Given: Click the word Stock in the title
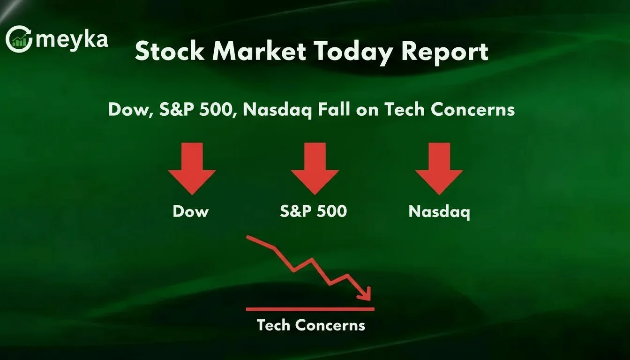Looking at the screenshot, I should point(170,52).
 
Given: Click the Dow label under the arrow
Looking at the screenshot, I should point(190,211).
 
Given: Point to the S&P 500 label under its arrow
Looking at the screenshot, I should point(313,211).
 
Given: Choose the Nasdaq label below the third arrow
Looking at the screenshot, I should point(439,212).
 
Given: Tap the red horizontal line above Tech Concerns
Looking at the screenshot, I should point(310,309).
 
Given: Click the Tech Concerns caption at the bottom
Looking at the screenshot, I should point(311,325).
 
